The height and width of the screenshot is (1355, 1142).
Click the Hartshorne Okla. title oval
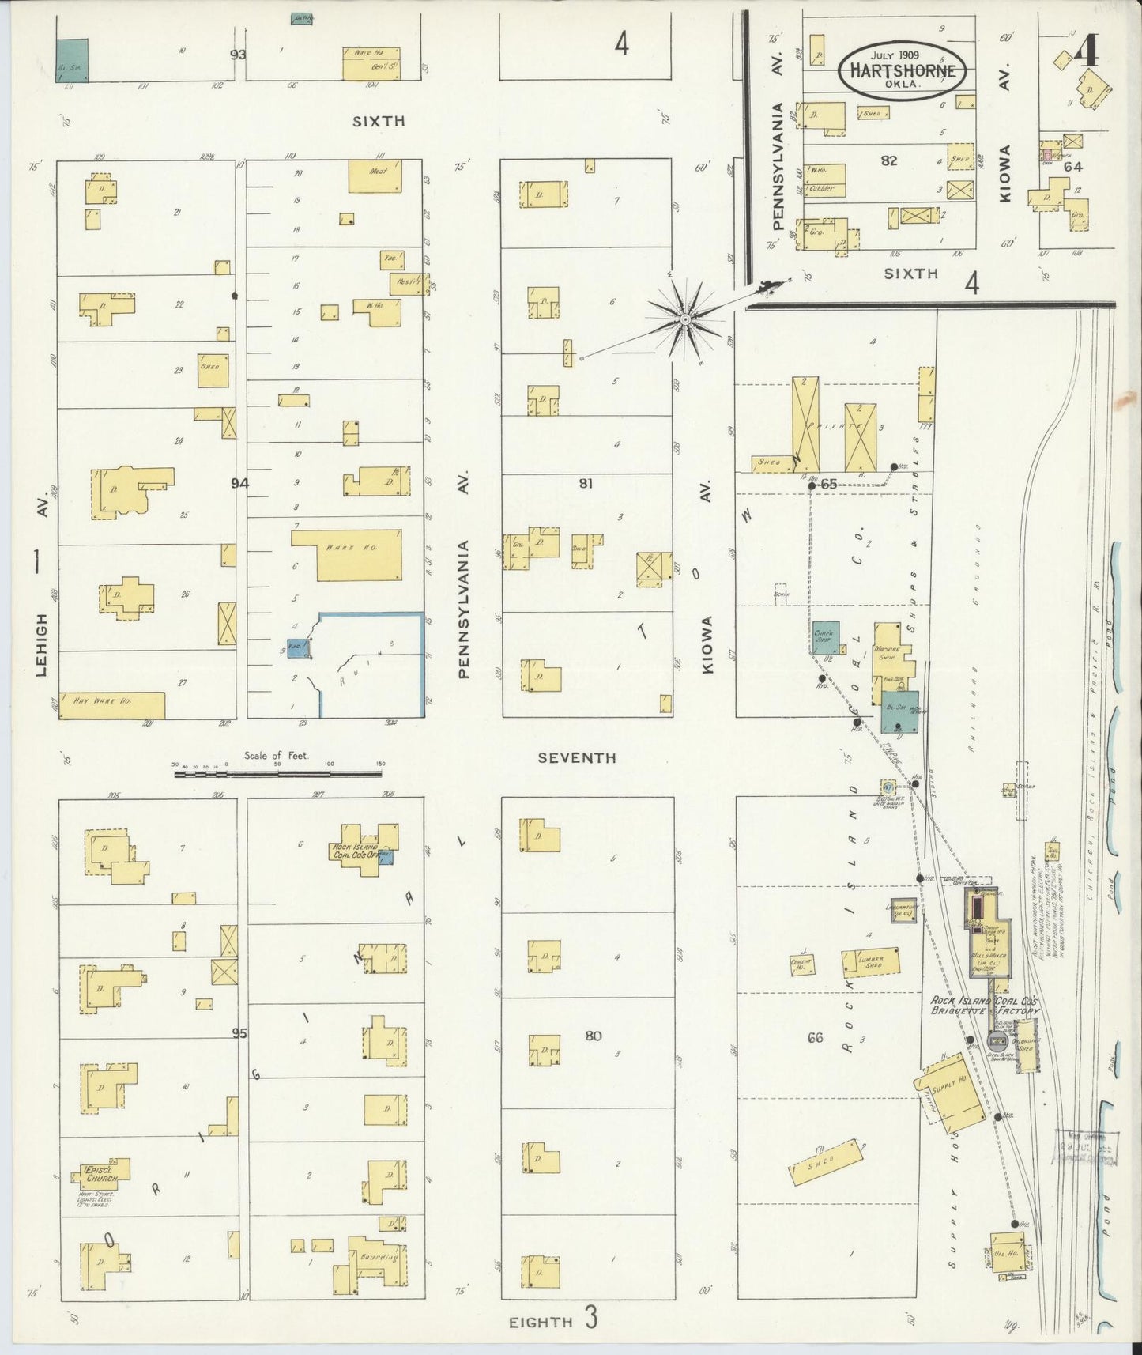point(902,70)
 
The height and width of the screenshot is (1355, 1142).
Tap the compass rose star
point(685,319)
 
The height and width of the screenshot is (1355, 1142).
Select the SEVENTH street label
point(576,758)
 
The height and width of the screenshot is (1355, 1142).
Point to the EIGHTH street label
point(541,1322)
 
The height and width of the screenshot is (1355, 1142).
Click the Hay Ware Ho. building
point(111,705)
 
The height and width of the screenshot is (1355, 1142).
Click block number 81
point(585,483)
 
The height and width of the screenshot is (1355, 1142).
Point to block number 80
point(593,1036)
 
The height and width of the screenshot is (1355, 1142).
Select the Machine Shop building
point(888,656)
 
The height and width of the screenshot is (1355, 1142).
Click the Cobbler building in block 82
point(824,187)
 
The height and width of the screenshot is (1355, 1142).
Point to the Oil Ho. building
point(1005,1256)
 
